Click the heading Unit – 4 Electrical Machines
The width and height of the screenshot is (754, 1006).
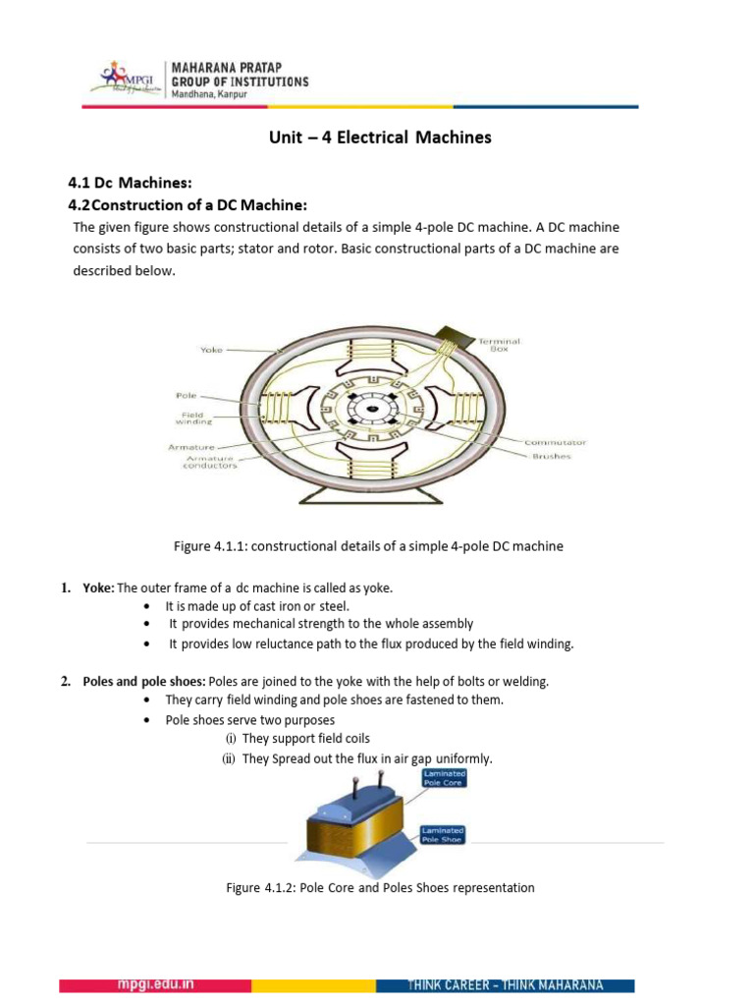coord(380,138)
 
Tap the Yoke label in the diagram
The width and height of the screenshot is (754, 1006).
coord(211,349)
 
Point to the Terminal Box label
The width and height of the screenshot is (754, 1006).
coord(499,345)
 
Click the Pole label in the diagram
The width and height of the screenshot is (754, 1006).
coord(186,395)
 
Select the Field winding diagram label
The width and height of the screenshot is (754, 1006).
coord(189,419)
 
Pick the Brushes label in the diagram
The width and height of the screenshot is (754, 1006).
coord(551,456)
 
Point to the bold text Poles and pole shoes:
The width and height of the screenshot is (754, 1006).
coord(147,682)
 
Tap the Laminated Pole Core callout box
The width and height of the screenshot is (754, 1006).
coord(444,778)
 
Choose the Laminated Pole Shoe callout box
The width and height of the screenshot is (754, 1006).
coord(443,835)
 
